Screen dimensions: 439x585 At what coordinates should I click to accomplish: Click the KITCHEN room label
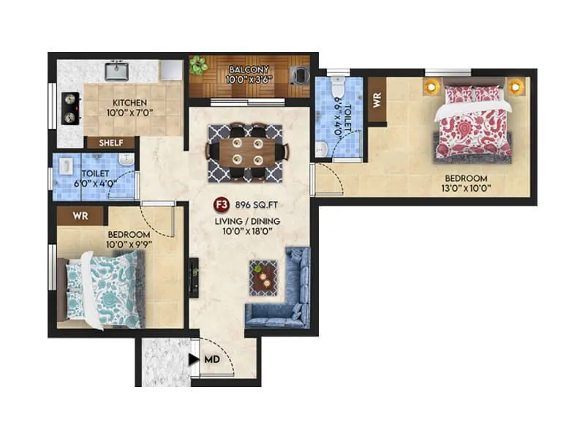click(129, 102)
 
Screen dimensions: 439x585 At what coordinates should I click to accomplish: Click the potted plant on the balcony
click(197, 66)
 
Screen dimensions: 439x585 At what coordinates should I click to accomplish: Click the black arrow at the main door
click(192, 359)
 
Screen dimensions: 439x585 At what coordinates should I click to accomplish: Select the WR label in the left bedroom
click(81, 216)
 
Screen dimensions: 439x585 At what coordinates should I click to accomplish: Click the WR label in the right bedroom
click(377, 101)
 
